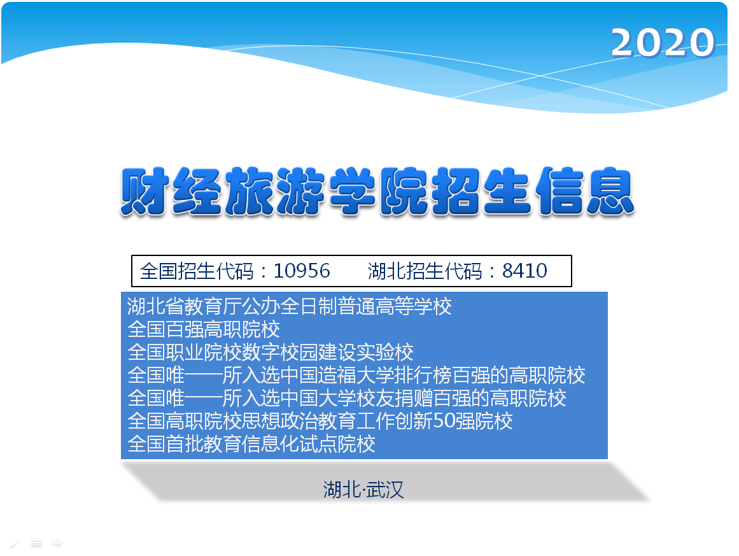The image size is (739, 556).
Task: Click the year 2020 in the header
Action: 663,43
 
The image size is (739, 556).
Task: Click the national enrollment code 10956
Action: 302,271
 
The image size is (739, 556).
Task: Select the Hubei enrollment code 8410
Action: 524,271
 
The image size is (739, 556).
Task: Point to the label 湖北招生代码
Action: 425,271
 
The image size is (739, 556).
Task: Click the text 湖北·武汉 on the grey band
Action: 363,490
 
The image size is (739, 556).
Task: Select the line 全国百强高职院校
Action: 204,329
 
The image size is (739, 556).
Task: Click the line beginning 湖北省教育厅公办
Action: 290,306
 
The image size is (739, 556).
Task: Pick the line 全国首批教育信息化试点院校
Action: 251,444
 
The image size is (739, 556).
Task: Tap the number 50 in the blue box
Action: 444,421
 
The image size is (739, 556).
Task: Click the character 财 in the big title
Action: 145,192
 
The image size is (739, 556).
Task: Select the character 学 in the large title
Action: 352,192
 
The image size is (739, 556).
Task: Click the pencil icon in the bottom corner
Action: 15,544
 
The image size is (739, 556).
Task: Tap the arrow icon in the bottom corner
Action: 57,543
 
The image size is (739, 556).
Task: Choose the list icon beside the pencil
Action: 36,543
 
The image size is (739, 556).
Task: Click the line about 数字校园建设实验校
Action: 271,352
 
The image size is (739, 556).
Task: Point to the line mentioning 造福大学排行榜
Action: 356,375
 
